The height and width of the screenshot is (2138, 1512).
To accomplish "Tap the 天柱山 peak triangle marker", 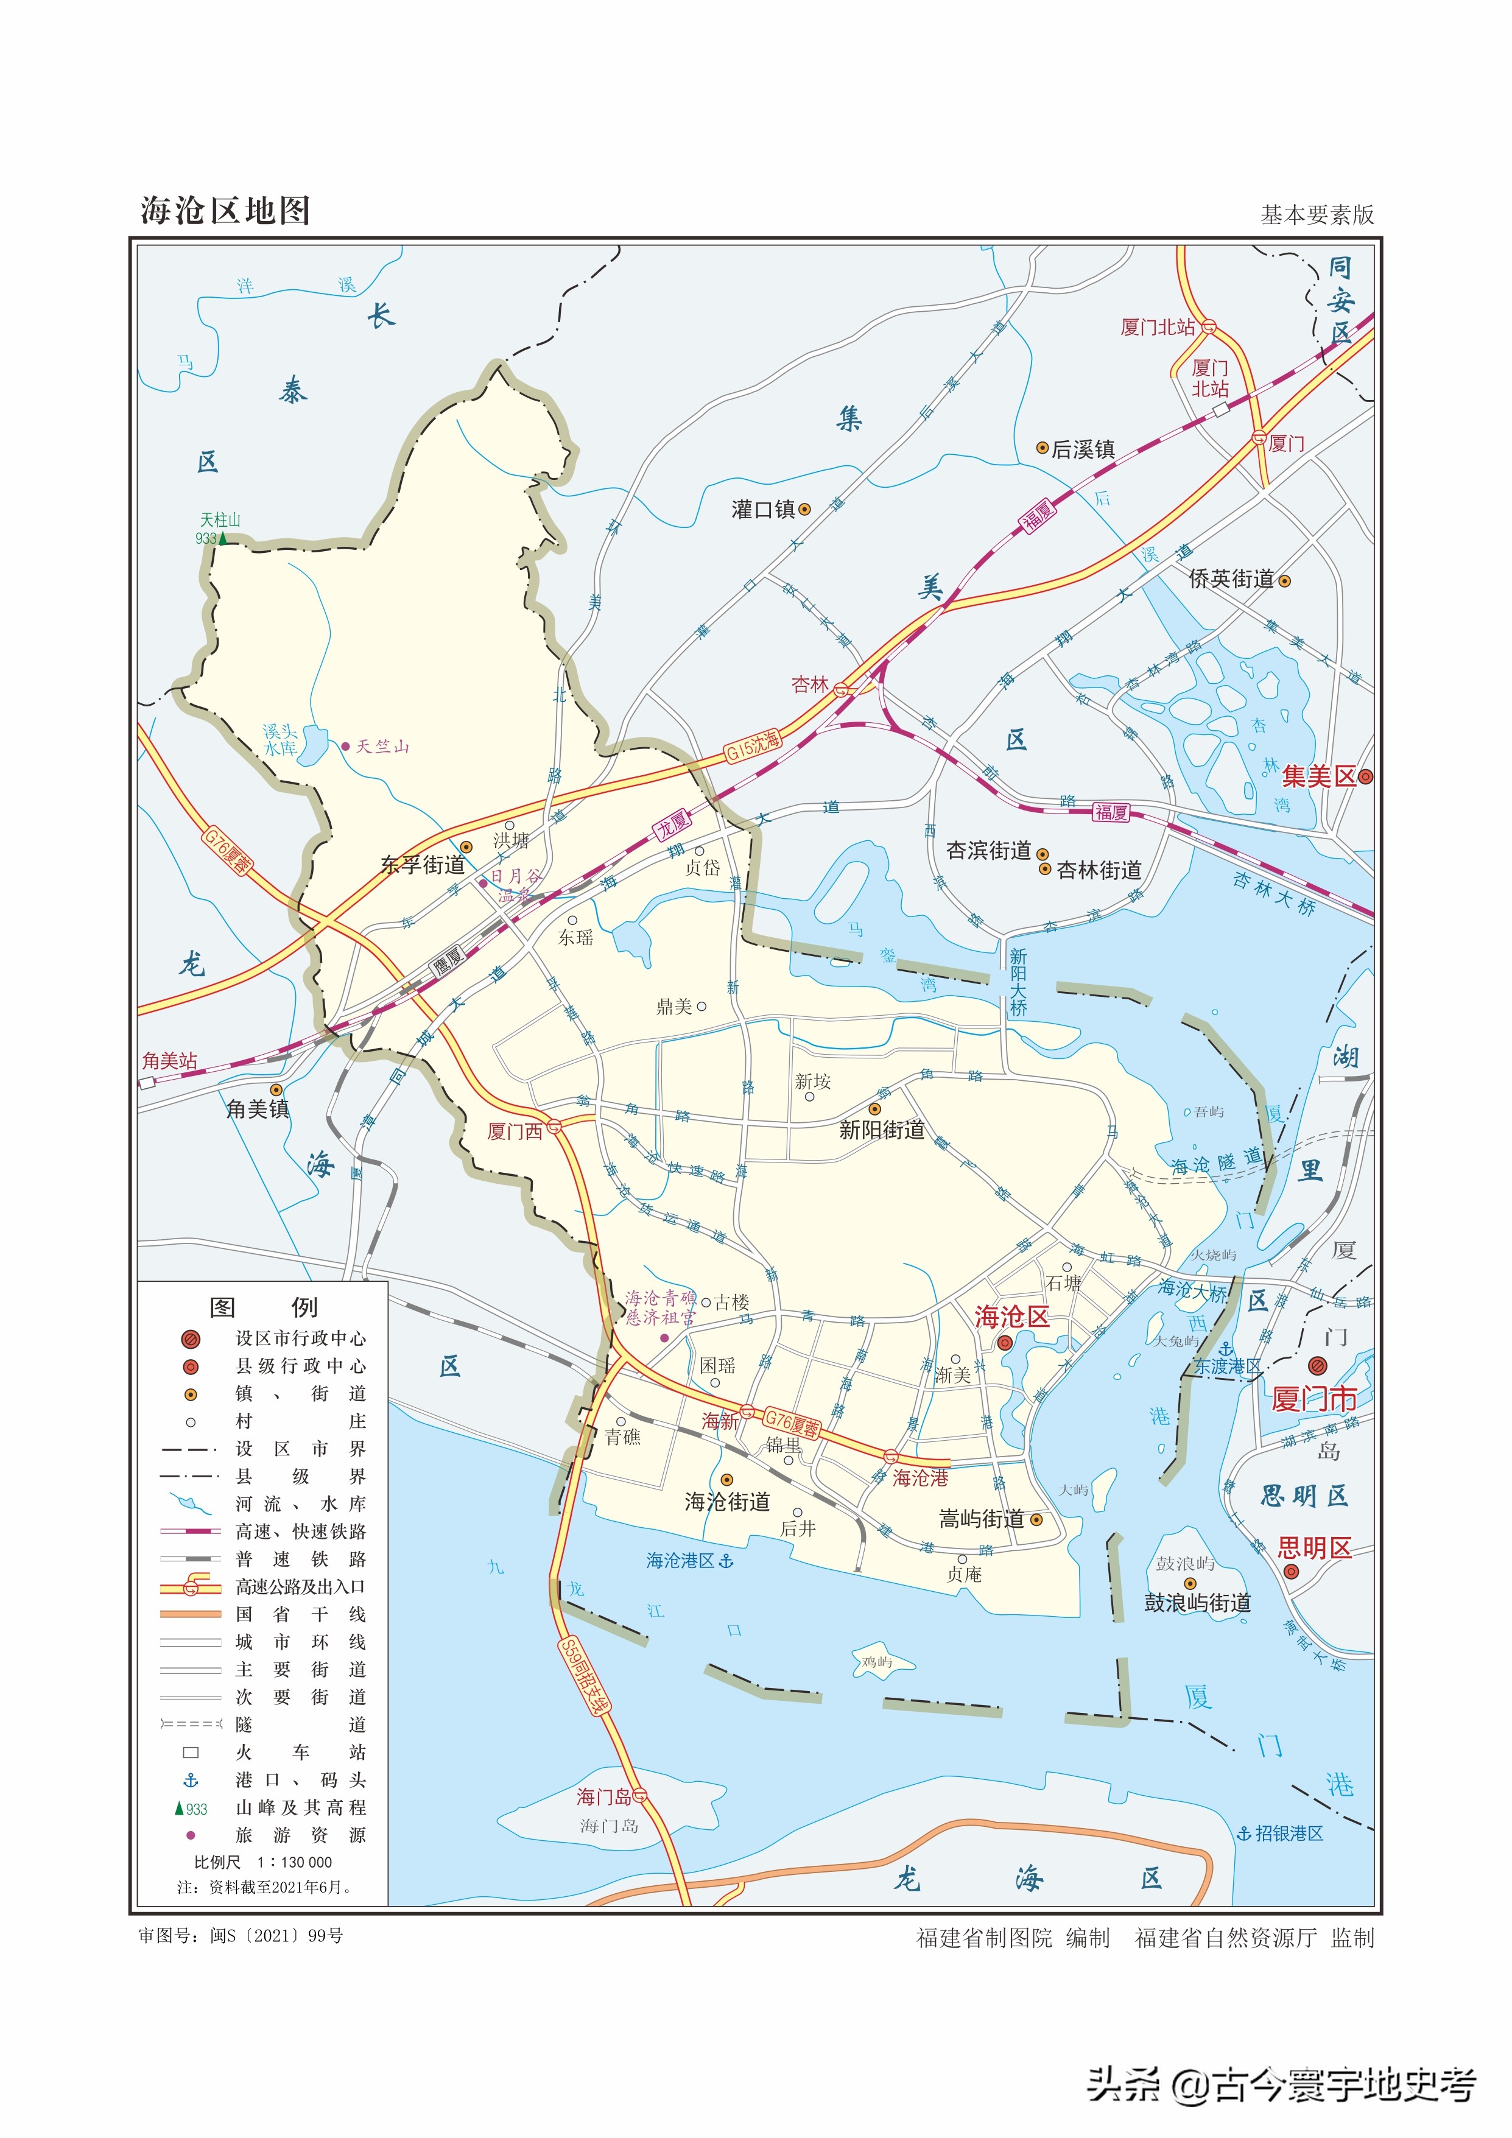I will [x=222, y=538].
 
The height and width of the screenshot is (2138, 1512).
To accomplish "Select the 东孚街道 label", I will [x=422, y=865].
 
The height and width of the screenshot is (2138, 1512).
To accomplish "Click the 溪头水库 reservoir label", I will [x=280, y=739].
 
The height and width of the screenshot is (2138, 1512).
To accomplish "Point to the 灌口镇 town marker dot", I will [x=804, y=509].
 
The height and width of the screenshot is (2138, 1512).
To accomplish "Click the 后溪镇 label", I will [x=1083, y=449].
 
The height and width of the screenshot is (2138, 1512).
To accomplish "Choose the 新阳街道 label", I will [x=882, y=1130].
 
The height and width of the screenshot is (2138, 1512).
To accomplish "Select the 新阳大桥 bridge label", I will [x=1019, y=982].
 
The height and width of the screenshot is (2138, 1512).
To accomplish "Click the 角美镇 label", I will [x=258, y=1109].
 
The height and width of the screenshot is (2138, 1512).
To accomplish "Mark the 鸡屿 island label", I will [x=876, y=1661].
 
